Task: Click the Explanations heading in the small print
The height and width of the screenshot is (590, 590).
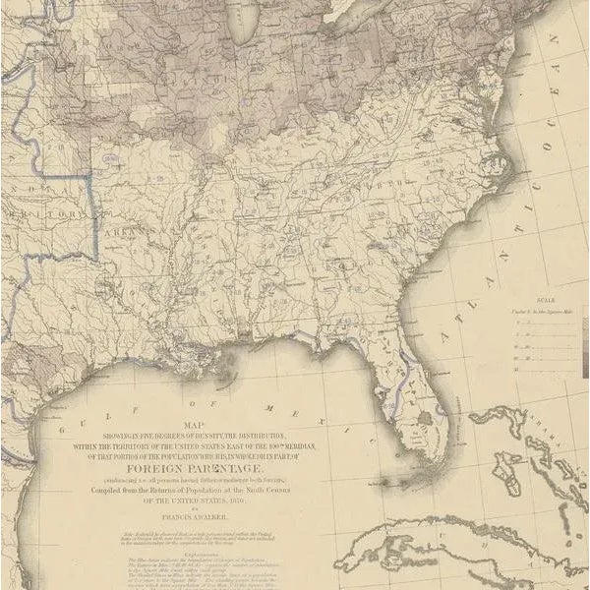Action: coord(225,554)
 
